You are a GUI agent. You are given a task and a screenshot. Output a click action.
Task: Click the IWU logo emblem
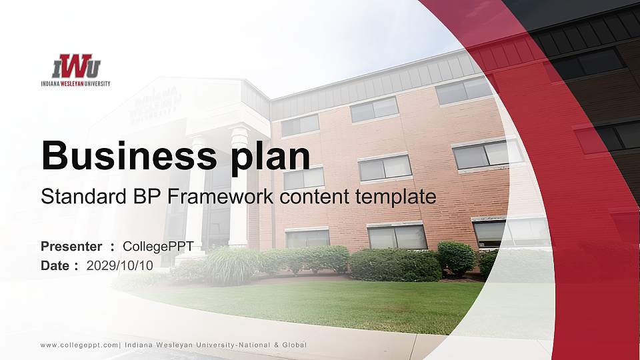pyautogui.click(x=76, y=66)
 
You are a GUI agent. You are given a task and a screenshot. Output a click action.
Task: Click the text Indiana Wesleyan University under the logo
pyautogui.click(x=75, y=84)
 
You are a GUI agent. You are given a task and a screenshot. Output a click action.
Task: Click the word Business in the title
pyautogui.click(x=123, y=155)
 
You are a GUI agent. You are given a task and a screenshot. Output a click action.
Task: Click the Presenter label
pyautogui.click(x=71, y=247)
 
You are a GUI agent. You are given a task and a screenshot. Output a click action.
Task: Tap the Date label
pyautogui.click(x=55, y=265)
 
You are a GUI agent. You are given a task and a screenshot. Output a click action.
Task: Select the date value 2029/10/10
pyautogui.click(x=120, y=265)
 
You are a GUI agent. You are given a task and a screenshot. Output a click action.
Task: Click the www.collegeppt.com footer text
pyautogui.click(x=79, y=345)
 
